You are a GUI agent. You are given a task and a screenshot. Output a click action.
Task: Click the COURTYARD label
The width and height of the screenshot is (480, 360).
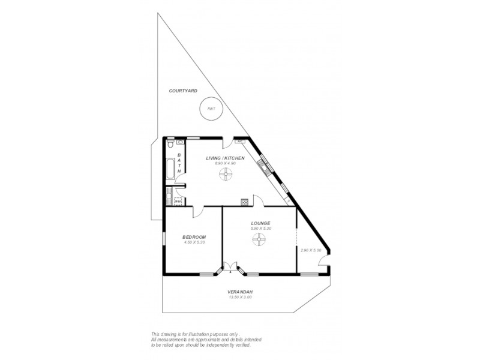pos(183,91)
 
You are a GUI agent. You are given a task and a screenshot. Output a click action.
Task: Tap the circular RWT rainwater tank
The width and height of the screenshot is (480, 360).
pos(211,109)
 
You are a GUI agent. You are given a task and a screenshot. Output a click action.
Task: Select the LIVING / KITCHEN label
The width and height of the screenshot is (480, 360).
pos(225,158)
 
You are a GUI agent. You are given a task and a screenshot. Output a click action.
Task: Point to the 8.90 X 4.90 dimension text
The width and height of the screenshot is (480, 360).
pos(224,163)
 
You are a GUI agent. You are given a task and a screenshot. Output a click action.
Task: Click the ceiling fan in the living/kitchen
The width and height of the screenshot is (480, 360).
pos(226,175)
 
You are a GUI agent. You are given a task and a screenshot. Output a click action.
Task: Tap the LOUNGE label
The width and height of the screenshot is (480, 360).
pos(260,223)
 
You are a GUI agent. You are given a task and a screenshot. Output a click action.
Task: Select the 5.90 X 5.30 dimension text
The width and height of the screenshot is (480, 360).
pos(260,228)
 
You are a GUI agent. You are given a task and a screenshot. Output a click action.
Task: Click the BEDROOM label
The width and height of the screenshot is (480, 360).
pos(194,237)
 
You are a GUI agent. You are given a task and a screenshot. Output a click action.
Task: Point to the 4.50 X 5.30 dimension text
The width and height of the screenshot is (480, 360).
pos(194,242)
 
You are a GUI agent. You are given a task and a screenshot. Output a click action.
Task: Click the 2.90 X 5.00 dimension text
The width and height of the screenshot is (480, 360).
pos(311,250)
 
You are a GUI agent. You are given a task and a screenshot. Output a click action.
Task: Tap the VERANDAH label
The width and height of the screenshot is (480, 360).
pos(240,292)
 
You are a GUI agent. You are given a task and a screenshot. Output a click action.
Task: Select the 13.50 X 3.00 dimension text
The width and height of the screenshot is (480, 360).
pos(240,297)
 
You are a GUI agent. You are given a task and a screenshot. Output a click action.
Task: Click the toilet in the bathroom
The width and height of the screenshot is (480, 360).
pos(171,145)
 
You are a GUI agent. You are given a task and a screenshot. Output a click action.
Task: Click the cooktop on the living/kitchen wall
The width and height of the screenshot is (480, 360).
pos(244,202)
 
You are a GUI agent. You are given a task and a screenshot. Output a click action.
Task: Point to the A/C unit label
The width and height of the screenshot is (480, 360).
pos(239,142)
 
